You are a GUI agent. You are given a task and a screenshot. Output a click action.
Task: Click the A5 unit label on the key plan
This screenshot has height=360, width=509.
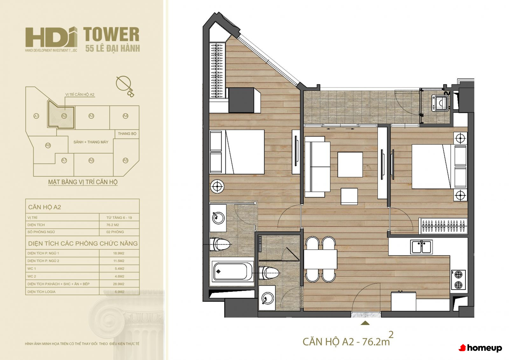(x=125, y=160)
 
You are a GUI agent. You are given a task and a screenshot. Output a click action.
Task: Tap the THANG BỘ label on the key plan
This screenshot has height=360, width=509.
(x=127, y=134)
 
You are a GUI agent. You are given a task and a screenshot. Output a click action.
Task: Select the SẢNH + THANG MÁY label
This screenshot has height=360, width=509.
(x=91, y=142)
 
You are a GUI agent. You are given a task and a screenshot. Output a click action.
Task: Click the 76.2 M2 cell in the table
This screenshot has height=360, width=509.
(x=113, y=225)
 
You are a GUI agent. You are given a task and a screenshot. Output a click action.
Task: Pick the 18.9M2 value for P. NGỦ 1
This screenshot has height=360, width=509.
(x=119, y=253)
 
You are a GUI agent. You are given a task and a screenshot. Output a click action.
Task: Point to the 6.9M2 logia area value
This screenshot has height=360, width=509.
(x=120, y=292)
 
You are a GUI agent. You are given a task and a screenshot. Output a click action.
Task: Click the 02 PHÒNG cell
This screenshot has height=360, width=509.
(x=115, y=232)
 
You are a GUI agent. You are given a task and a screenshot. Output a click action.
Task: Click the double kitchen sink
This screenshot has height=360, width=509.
(x=421, y=247)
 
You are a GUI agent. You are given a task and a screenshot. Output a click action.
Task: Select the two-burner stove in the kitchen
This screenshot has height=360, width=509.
(x=458, y=280)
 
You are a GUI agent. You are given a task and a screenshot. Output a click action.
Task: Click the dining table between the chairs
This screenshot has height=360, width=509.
(x=320, y=259)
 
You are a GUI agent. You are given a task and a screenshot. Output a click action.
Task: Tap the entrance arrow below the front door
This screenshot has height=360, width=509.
(x=365, y=323)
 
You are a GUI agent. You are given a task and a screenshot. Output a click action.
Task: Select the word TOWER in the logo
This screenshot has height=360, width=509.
(x=111, y=34)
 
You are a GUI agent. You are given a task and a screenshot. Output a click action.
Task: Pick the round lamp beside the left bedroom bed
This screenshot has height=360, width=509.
(x=217, y=187)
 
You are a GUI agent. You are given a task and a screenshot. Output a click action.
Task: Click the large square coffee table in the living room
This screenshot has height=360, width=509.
(x=350, y=165)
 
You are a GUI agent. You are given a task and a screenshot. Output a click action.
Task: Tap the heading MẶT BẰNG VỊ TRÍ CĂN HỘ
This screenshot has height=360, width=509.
(x=83, y=182)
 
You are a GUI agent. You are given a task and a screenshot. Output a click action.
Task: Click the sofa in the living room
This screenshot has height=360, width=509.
(x=317, y=167)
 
